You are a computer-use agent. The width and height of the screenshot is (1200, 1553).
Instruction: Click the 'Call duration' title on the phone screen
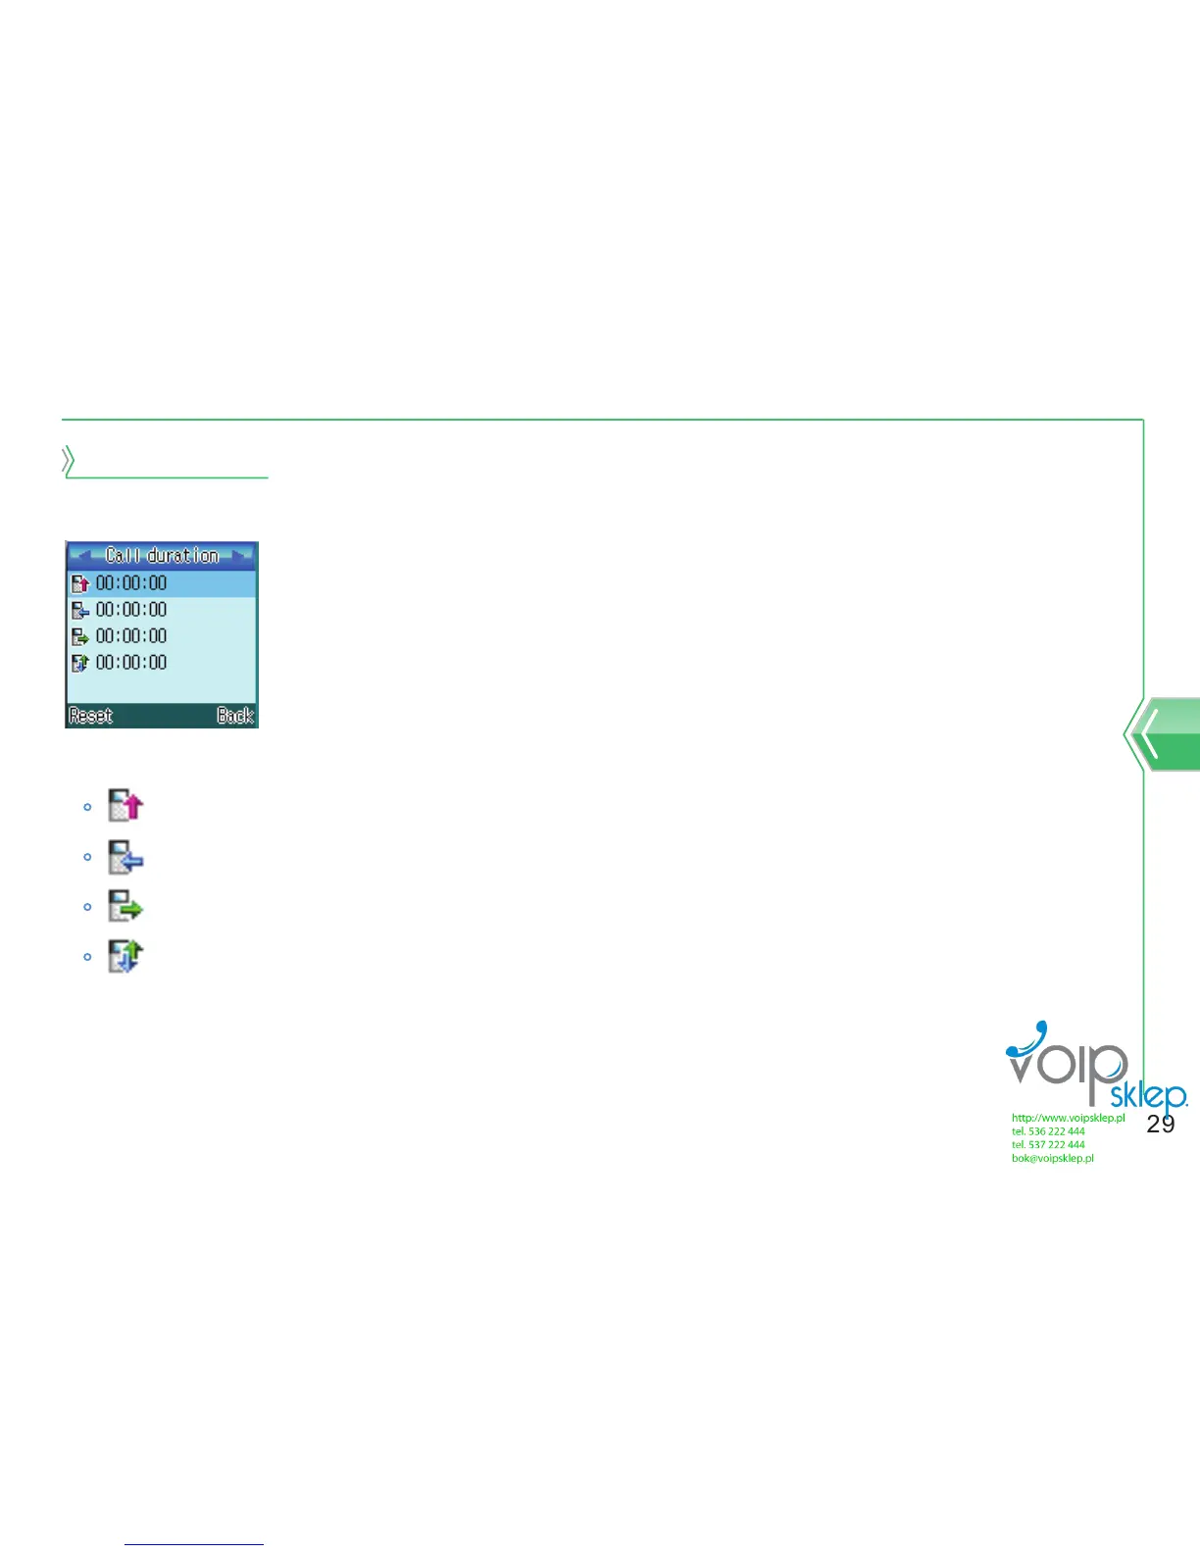(x=162, y=556)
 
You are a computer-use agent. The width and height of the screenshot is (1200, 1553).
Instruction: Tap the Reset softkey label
(x=91, y=716)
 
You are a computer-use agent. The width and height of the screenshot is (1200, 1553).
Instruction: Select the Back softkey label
(x=235, y=716)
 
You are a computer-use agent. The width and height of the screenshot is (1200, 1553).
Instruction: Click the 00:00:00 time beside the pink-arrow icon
(x=131, y=583)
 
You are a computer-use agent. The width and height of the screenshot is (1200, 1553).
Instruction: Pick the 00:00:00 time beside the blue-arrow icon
(x=131, y=610)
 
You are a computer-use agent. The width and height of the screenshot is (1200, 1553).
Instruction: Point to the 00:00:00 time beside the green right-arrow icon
(x=131, y=636)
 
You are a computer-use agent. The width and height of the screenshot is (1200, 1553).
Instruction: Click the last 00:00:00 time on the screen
(x=131, y=663)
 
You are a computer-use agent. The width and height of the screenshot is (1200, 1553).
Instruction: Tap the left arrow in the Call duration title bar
(x=82, y=555)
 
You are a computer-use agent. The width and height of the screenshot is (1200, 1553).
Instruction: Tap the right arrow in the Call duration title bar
(x=241, y=555)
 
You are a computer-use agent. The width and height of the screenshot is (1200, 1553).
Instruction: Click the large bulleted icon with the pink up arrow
(x=125, y=806)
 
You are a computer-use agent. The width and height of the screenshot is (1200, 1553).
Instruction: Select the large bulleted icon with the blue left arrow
(x=125, y=856)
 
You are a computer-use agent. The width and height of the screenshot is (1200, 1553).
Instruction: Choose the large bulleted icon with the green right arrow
(x=125, y=906)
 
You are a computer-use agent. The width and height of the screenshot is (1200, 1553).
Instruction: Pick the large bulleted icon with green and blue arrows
(x=125, y=956)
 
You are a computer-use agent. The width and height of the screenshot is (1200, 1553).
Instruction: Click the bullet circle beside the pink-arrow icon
(x=87, y=807)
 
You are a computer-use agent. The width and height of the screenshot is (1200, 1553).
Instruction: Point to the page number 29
(x=1161, y=1125)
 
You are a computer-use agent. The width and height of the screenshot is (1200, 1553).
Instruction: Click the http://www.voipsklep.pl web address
(x=1068, y=1118)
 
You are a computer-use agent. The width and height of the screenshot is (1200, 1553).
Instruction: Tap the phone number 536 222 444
(x=1056, y=1131)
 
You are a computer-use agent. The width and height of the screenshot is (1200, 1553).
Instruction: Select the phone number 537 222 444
(x=1056, y=1145)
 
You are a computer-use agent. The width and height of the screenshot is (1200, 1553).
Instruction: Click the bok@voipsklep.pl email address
(x=1053, y=1159)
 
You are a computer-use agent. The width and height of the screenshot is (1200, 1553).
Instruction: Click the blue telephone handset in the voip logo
(x=1029, y=1041)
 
